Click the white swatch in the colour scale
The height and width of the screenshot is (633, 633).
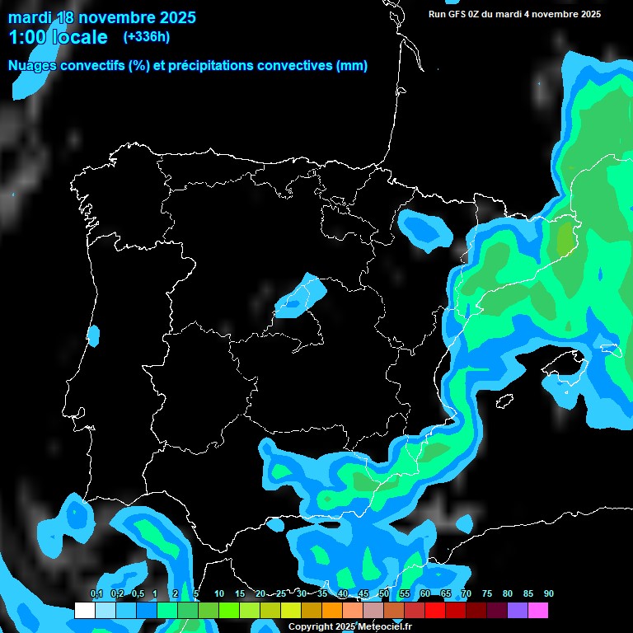pyautogui.click(x=84, y=610)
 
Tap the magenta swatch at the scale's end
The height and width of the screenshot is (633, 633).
pyautogui.click(x=538, y=610)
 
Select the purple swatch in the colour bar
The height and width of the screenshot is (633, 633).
pyautogui.click(x=518, y=610)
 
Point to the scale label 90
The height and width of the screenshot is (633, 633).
pyautogui.click(x=549, y=594)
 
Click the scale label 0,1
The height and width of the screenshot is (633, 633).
pyautogui.click(x=96, y=594)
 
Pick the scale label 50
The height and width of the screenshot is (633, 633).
pyautogui.click(x=384, y=594)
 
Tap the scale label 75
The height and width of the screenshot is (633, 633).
pyautogui.click(x=487, y=594)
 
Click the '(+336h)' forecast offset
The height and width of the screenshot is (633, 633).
pyautogui.click(x=146, y=37)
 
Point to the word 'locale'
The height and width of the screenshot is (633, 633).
pyautogui.click(x=81, y=37)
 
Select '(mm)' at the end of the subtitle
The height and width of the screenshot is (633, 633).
pyautogui.click(x=352, y=66)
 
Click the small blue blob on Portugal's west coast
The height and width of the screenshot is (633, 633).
pyautogui.click(x=93, y=335)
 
